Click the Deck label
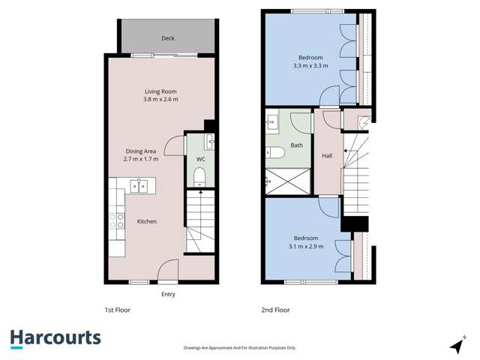(167, 38)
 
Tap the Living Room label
(161, 91)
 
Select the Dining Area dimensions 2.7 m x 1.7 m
(146, 159)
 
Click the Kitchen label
(146, 221)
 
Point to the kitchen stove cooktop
(118, 220)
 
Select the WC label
(201, 160)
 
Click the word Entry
(168, 294)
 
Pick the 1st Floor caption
(118, 310)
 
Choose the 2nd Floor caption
(275, 310)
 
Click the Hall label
(327, 156)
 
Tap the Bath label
(297, 145)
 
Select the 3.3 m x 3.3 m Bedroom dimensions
(310, 66)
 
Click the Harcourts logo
(55, 338)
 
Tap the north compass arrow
(457, 344)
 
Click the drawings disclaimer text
(240, 348)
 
